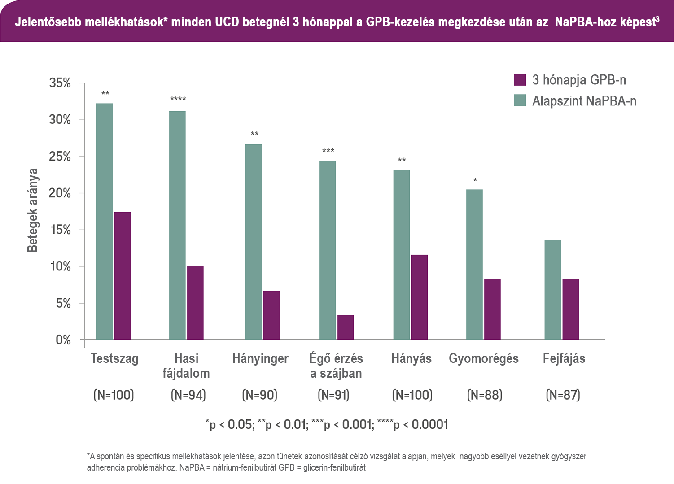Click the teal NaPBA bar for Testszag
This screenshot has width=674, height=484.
[105, 222]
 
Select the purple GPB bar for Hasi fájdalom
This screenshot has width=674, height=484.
[195, 303]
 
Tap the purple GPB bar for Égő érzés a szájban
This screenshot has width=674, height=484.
[346, 327]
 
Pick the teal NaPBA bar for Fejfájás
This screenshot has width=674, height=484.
[553, 290]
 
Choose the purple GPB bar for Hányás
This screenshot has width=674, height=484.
[420, 297]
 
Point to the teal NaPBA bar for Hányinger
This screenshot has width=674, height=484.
[254, 242]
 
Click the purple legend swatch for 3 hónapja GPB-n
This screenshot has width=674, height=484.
[520, 80]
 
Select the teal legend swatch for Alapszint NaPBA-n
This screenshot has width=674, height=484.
[520, 100]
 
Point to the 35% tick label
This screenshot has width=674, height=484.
[60, 83]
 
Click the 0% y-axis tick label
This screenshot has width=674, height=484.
[63, 340]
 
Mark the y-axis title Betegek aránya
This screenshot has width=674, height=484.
[33, 210]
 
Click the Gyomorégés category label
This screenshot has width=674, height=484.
[484, 358]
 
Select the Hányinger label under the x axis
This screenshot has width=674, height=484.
[260, 358]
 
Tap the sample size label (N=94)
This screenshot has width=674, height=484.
[188, 395]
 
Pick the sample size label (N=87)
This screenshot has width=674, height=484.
[563, 395]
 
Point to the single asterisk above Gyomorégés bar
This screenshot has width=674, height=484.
[475, 180]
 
